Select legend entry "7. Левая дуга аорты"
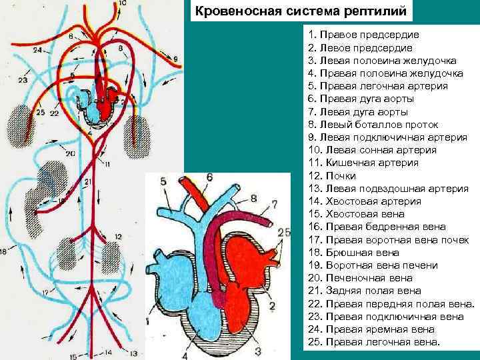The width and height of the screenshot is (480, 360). coord(359,112)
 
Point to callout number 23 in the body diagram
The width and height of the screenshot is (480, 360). coord(23,81)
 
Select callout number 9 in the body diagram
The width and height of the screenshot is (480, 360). coord(177,60)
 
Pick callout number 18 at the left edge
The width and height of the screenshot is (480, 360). coord(4,251)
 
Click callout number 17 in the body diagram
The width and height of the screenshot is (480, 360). coord(45,291)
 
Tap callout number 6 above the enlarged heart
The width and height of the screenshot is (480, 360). coord(209,177)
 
